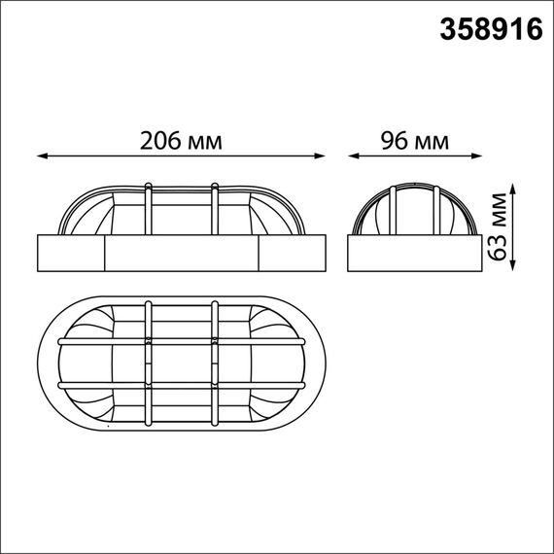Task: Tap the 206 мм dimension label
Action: click(181, 141)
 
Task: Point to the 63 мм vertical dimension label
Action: click(499, 226)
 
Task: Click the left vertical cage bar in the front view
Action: click(148, 208)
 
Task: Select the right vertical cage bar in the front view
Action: click(214, 208)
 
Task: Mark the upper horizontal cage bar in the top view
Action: click(181, 342)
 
